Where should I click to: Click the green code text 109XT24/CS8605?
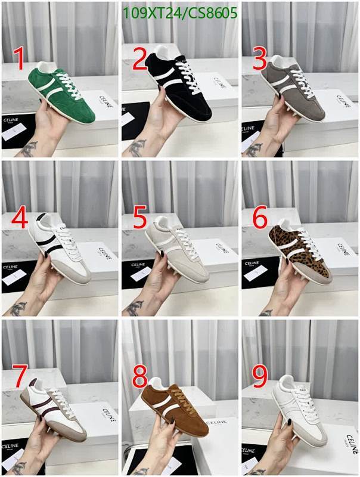coord(179,13)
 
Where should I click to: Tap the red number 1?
coord(19,60)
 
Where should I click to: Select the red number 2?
coord(139,60)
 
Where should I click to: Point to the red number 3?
coord(260,60)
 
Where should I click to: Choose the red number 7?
coord(20,377)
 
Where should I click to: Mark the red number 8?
coord(139,377)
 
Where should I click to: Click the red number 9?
coord(260,377)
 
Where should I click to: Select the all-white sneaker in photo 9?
coord(298,411)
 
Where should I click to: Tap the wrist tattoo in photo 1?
coord(27,148)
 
